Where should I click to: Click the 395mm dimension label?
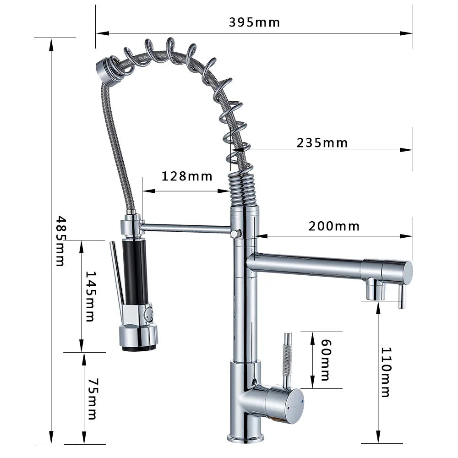pos(254,22)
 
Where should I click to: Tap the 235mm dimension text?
pos(322,143)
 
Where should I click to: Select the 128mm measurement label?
pos(187,176)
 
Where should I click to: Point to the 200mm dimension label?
pos(334,226)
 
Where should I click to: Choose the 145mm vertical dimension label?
pos(91,296)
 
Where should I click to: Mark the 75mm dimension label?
pos(92,398)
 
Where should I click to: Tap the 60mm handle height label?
pos(325,360)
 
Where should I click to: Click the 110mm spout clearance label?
pos(386,372)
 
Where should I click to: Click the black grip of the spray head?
pos(136,272)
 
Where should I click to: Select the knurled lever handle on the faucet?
pos(288,357)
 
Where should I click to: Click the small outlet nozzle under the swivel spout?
pos(376,290)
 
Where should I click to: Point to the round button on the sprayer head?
pos(148,315)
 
